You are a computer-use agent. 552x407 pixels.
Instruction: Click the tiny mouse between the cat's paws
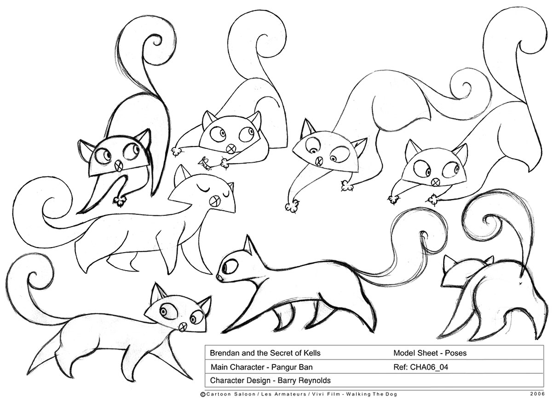204,163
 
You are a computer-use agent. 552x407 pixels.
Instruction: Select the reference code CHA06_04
429,367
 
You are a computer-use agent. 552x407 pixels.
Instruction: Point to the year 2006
537,394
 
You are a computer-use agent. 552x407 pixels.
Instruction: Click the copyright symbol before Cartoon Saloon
203,395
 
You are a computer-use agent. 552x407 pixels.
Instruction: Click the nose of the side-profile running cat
219,278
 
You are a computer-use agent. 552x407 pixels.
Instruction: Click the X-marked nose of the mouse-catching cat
230,149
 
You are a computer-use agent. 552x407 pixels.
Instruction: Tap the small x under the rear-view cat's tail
520,283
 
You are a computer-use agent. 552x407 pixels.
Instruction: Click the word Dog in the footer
392,394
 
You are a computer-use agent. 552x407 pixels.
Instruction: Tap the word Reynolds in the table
316,381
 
